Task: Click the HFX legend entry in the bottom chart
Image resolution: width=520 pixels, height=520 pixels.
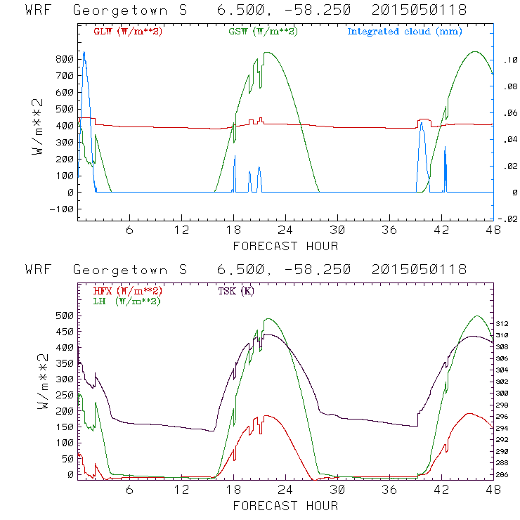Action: [124, 291]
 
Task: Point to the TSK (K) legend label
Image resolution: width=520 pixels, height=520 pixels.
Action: [236, 291]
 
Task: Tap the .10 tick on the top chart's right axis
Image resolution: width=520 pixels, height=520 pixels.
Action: [507, 60]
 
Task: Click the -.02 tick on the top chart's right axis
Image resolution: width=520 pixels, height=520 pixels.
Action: [507, 219]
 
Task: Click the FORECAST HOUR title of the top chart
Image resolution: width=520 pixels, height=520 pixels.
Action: [285, 245]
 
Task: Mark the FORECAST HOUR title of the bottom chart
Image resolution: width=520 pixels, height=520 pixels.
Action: [285, 505]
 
